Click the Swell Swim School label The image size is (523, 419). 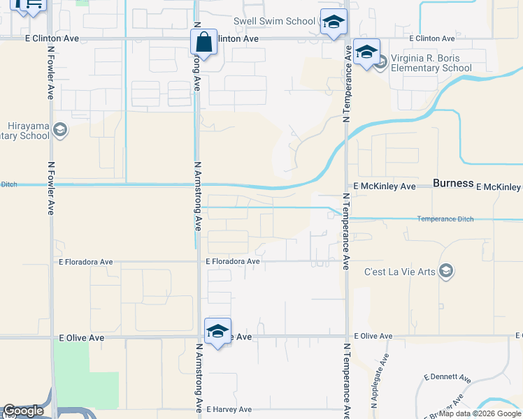(274, 22)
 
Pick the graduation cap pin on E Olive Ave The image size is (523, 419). (217, 331)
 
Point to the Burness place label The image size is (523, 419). (453, 184)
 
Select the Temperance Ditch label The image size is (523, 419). (445, 219)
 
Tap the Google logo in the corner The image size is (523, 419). (23, 411)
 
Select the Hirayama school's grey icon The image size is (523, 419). (60, 130)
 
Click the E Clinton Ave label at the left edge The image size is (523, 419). (52, 38)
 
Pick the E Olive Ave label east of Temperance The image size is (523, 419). (373, 336)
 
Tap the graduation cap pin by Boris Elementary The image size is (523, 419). (366, 52)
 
